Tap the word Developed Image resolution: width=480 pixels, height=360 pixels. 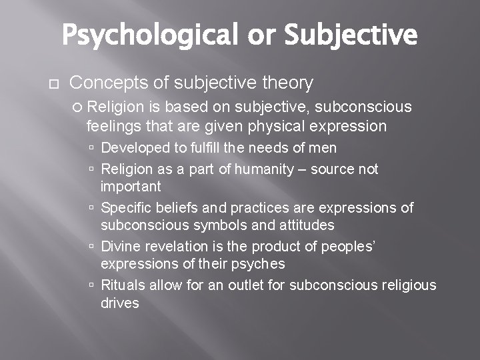coord(133,147)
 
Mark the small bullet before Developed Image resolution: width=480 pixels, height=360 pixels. coord(93,148)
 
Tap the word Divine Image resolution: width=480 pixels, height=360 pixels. coord(121,247)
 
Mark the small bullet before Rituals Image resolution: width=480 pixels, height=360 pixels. coord(93,286)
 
